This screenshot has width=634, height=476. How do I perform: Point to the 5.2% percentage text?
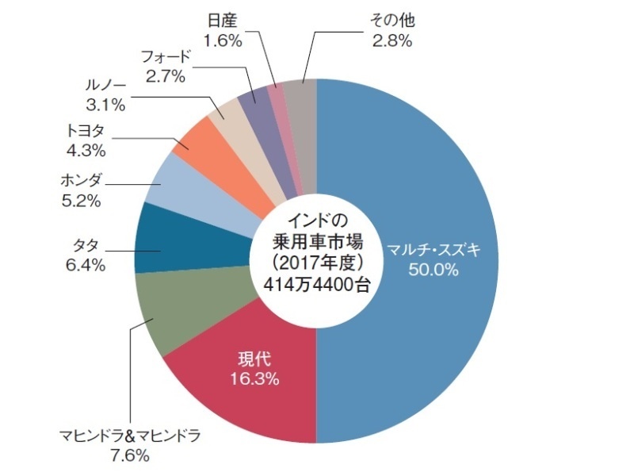tap(81, 202)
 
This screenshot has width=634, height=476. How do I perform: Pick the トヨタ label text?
tap(86, 130)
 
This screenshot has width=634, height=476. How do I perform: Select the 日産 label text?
tap(222, 20)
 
